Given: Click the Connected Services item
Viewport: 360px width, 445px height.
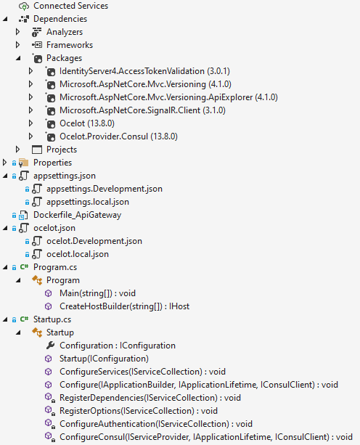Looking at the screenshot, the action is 70,6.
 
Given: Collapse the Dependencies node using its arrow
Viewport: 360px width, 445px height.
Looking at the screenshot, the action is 5,19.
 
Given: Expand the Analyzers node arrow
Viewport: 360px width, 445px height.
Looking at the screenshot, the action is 17,32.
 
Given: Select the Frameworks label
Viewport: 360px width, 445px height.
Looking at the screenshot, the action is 70,45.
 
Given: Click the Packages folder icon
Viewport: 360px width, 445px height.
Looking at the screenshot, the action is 38,59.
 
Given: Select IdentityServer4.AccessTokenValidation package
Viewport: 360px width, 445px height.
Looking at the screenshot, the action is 144,71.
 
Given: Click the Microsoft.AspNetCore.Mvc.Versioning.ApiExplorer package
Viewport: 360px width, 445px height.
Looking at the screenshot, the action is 168,97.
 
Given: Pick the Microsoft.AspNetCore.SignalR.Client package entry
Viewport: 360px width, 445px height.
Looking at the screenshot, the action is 142,110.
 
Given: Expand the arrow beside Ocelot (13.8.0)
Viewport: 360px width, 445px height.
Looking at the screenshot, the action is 30,123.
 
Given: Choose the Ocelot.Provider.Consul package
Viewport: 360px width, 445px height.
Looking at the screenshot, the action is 118,136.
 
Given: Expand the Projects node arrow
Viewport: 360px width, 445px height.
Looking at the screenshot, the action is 17,150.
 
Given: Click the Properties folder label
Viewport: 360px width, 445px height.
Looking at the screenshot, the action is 52,163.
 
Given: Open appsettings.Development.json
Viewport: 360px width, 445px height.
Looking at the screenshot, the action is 105,189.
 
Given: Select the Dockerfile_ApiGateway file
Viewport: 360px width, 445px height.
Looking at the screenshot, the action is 77,215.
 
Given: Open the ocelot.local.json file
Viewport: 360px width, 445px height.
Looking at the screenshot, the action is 78,254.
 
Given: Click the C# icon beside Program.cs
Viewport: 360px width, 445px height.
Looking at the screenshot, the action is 24,266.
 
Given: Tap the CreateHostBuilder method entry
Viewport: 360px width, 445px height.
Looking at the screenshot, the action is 124,306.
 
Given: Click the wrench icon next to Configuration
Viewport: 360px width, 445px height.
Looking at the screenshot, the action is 50,346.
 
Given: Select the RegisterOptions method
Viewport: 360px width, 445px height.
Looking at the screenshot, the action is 139,411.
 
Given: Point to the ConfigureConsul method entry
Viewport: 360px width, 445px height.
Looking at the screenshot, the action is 206,437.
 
